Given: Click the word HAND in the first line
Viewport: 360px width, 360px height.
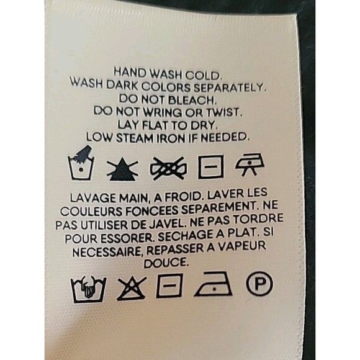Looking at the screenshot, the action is click(130, 73).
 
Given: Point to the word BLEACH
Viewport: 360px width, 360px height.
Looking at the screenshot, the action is click(192, 100).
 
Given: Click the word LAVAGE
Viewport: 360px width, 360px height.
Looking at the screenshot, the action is click(93, 199).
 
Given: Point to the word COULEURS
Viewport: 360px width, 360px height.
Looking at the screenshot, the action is click(91, 212).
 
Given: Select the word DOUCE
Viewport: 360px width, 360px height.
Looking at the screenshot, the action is click(166, 263).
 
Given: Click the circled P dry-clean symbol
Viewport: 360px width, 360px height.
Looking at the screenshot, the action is click(259, 284).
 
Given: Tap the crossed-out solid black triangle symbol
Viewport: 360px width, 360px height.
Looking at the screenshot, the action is click(122, 169).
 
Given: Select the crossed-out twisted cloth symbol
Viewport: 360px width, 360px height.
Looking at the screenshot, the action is click(168, 168).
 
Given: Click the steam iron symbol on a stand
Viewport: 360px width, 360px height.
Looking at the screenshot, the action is click(250, 163).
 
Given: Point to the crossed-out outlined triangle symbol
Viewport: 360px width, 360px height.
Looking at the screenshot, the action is click(132, 289).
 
